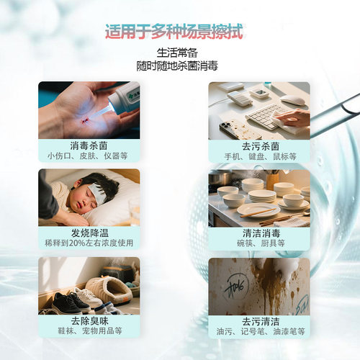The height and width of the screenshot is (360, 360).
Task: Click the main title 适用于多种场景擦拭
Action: coord(174,32)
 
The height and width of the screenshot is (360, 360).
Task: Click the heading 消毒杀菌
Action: coord(89,145)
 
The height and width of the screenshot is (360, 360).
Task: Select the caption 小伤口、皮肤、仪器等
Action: coord(89,156)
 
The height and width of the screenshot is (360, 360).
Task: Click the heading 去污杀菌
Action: coord(259,145)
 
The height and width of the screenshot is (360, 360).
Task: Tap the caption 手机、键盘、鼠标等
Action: coord(259,156)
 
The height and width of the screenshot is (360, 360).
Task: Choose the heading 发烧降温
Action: coord(89,233)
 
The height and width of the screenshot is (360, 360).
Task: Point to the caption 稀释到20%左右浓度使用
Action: coord(89,243)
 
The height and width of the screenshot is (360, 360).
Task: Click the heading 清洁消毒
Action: coord(259,233)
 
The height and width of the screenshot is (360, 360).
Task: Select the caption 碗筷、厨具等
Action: coord(259,243)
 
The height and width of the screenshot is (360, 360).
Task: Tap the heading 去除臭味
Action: coord(89,321)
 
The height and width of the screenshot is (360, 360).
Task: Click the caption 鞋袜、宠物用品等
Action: coord(89,332)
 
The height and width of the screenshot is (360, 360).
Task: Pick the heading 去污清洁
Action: coord(259,321)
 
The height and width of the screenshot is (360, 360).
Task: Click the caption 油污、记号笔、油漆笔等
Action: coord(259,332)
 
